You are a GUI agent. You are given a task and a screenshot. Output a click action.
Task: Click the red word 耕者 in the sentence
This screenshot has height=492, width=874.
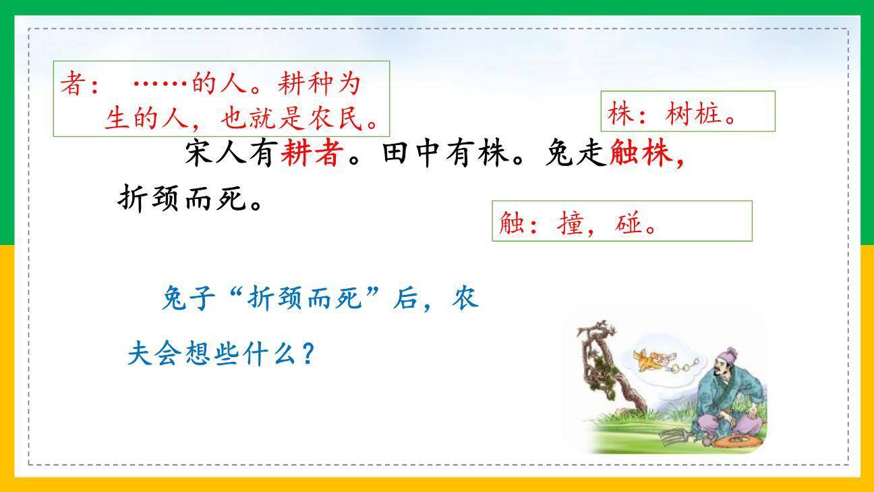310,154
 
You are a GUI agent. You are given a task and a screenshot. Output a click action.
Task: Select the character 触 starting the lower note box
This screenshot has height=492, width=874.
512,223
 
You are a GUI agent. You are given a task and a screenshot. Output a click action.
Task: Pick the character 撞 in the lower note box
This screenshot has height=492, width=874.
570,223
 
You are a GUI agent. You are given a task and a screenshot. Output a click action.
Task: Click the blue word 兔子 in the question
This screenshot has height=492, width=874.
188,298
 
